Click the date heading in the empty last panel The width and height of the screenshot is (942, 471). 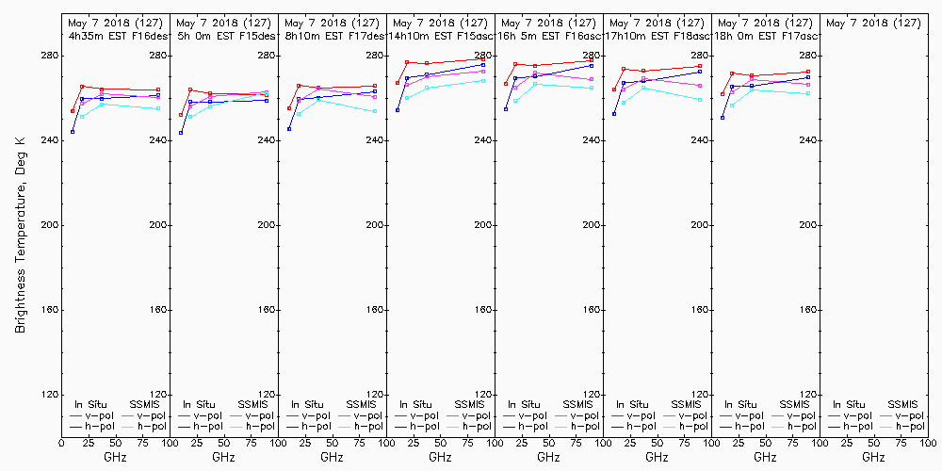[873, 22]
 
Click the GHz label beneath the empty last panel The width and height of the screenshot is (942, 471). [873, 458]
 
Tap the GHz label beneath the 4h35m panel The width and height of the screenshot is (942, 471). [115, 458]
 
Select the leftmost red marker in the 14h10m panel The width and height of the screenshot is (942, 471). [398, 83]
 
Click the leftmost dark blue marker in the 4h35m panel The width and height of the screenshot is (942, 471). [73, 132]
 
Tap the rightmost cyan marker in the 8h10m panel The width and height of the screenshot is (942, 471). [375, 111]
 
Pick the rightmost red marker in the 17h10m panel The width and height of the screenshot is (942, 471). [700, 66]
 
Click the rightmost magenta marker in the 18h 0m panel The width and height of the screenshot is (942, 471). [808, 84]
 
